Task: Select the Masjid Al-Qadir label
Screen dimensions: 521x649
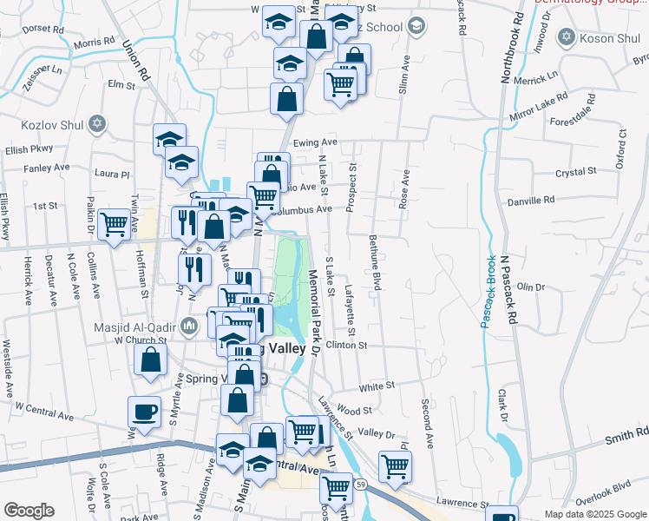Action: [x=135, y=327]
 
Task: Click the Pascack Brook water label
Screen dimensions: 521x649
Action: [x=488, y=292]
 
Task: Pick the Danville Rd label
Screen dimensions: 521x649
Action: [x=531, y=201]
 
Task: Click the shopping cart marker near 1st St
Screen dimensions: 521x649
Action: [x=115, y=223]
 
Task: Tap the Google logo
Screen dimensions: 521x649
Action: [x=29, y=511]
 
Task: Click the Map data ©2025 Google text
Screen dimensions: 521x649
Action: [x=595, y=514]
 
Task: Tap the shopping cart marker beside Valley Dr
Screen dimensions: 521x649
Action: [x=396, y=465]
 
